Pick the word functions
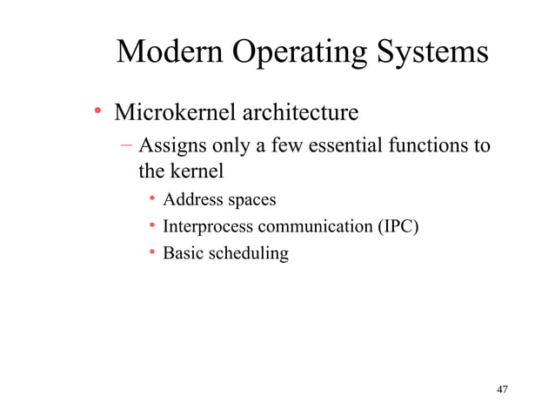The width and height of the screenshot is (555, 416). pyautogui.click(x=427, y=144)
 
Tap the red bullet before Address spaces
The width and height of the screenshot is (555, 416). pyautogui.click(x=151, y=200)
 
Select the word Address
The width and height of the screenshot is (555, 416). pyautogui.click(x=193, y=200)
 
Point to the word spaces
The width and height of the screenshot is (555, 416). pyautogui.click(x=251, y=201)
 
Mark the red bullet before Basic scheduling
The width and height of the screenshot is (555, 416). pyautogui.click(x=151, y=254)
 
